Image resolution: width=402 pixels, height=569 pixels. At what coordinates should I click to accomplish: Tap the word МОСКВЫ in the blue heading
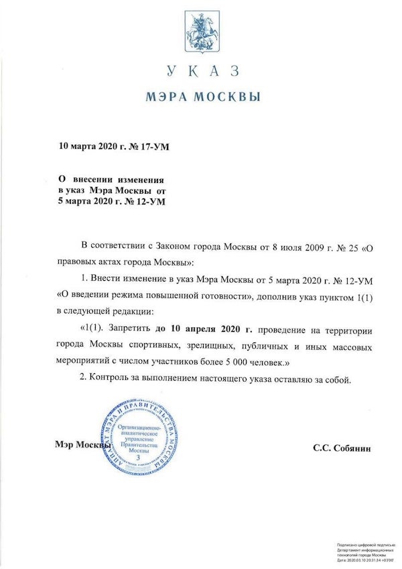click(232, 97)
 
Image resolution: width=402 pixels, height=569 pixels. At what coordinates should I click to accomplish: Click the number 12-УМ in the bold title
click(149, 201)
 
